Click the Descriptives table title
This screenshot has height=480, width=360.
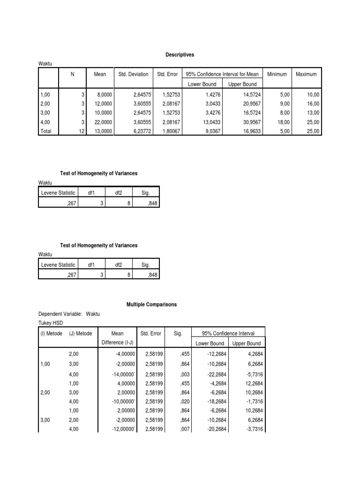[x=180, y=55]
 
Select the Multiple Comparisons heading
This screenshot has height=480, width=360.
[x=151, y=305]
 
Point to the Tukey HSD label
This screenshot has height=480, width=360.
[x=51, y=322]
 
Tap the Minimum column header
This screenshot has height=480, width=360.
[x=277, y=74]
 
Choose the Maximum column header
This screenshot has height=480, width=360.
[x=306, y=74]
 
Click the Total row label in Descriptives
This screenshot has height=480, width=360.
[x=46, y=132]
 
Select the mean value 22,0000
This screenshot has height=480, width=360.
[x=103, y=122]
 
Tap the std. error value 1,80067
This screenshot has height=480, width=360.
[x=170, y=132]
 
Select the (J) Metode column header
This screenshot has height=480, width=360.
[x=80, y=334]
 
